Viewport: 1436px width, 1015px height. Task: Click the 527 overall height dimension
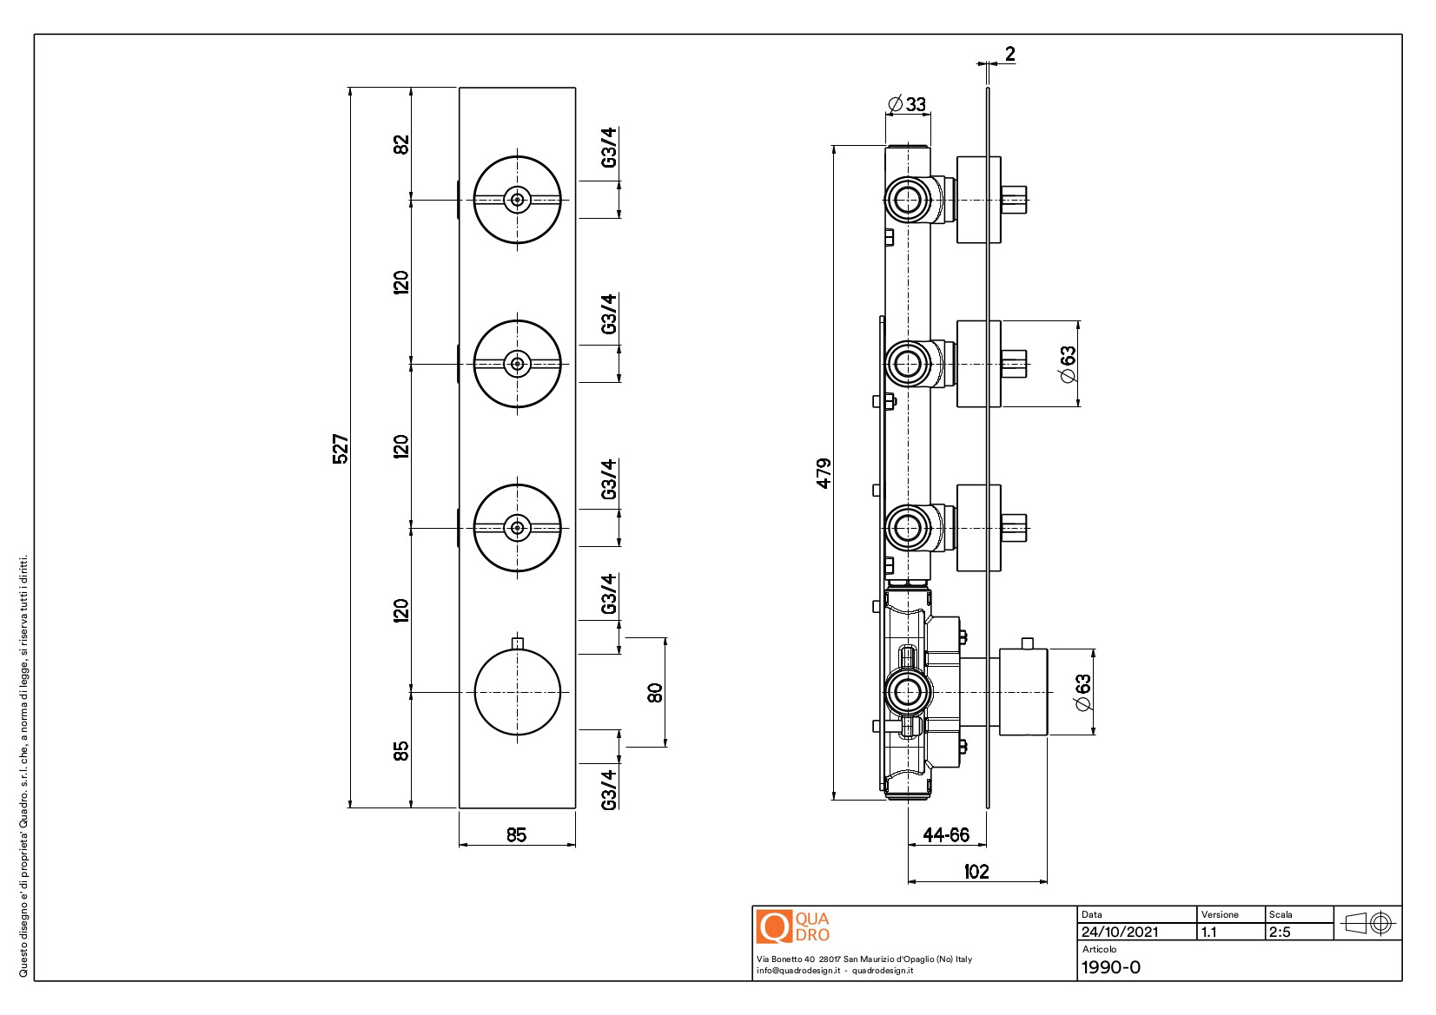pos(341,449)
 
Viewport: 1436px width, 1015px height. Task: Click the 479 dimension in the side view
pos(824,473)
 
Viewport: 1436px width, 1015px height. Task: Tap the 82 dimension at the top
pos(400,144)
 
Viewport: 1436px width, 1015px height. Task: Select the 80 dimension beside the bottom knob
pos(654,693)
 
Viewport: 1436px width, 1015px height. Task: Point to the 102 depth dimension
pos(976,872)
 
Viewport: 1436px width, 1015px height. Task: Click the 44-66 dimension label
pos(946,835)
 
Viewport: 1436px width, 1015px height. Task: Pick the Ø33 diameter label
pos(907,104)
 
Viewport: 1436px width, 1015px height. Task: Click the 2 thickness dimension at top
pos(1010,54)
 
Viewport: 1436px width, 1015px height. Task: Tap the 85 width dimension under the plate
pos(516,835)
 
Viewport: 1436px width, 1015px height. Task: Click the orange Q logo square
pos(774,926)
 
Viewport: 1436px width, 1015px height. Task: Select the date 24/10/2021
pos(1120,933)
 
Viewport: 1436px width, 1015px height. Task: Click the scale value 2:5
pos(1280,933)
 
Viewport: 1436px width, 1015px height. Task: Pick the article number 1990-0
pos(1111,967)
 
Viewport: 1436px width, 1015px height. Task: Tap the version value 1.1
pos(1209,933)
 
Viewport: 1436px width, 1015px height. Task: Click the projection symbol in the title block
pos(1367,923)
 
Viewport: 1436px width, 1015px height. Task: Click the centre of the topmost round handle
pos(518,200)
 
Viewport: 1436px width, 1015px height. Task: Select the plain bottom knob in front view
pos(518,692)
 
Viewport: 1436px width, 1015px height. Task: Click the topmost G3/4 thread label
pos(608,148)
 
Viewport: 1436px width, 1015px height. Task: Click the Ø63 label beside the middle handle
pos(1068,364)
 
